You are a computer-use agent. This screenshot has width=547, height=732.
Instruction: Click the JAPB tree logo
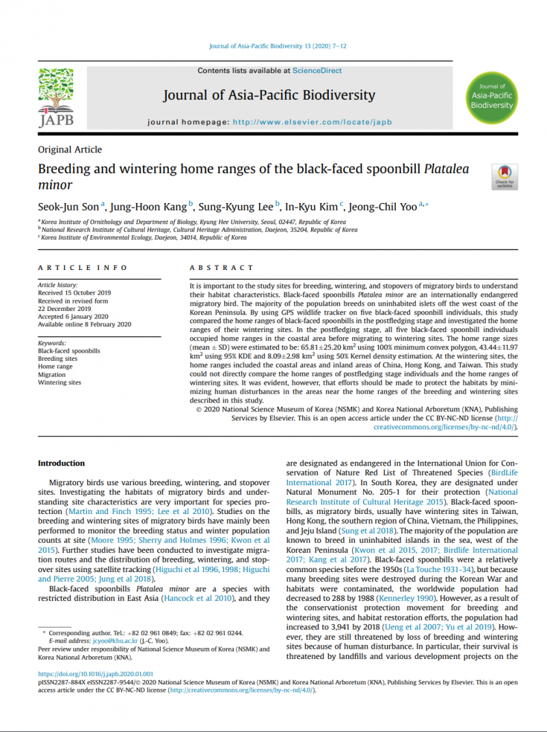(55, 98)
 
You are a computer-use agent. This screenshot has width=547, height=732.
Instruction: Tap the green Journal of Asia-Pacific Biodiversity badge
(492, 96)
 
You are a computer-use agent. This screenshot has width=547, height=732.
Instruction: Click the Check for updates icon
(504, 176)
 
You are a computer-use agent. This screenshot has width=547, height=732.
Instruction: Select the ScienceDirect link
(317, 70)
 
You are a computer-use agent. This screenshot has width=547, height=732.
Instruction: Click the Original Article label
(70, 150)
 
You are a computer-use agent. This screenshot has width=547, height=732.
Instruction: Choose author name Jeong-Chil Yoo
(382, 206)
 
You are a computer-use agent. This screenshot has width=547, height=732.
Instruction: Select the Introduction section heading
(62, 463)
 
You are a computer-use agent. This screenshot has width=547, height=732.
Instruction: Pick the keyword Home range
(55, 366)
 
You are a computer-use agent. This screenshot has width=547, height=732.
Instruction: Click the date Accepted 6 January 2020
(73, 316)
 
